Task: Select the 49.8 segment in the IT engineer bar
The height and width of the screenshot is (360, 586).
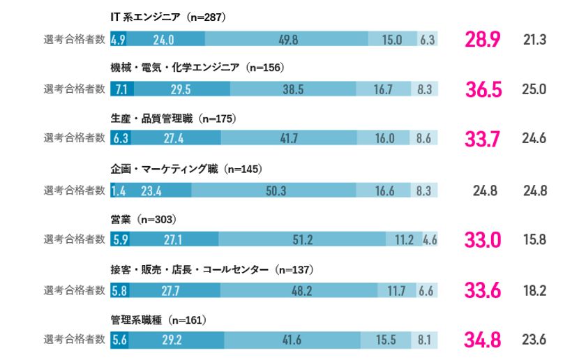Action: (x=287, y=40)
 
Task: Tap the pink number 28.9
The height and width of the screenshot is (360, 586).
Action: (x=482, y=40)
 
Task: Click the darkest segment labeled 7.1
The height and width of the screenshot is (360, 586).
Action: (x=122, y=89)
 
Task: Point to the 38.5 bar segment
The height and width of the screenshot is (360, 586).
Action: (x=293, y=89)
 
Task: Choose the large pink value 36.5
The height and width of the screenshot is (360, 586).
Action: (x=482, y=90)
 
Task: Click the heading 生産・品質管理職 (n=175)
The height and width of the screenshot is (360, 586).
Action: (x=173, y=119)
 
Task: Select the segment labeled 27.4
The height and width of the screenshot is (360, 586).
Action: (x=173, y=139)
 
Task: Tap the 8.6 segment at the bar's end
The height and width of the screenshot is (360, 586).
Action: (x=423, y=139)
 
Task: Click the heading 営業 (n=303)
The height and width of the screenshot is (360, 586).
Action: (x=143, y=219)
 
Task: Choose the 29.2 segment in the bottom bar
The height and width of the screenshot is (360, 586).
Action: (x=176, y=340)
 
